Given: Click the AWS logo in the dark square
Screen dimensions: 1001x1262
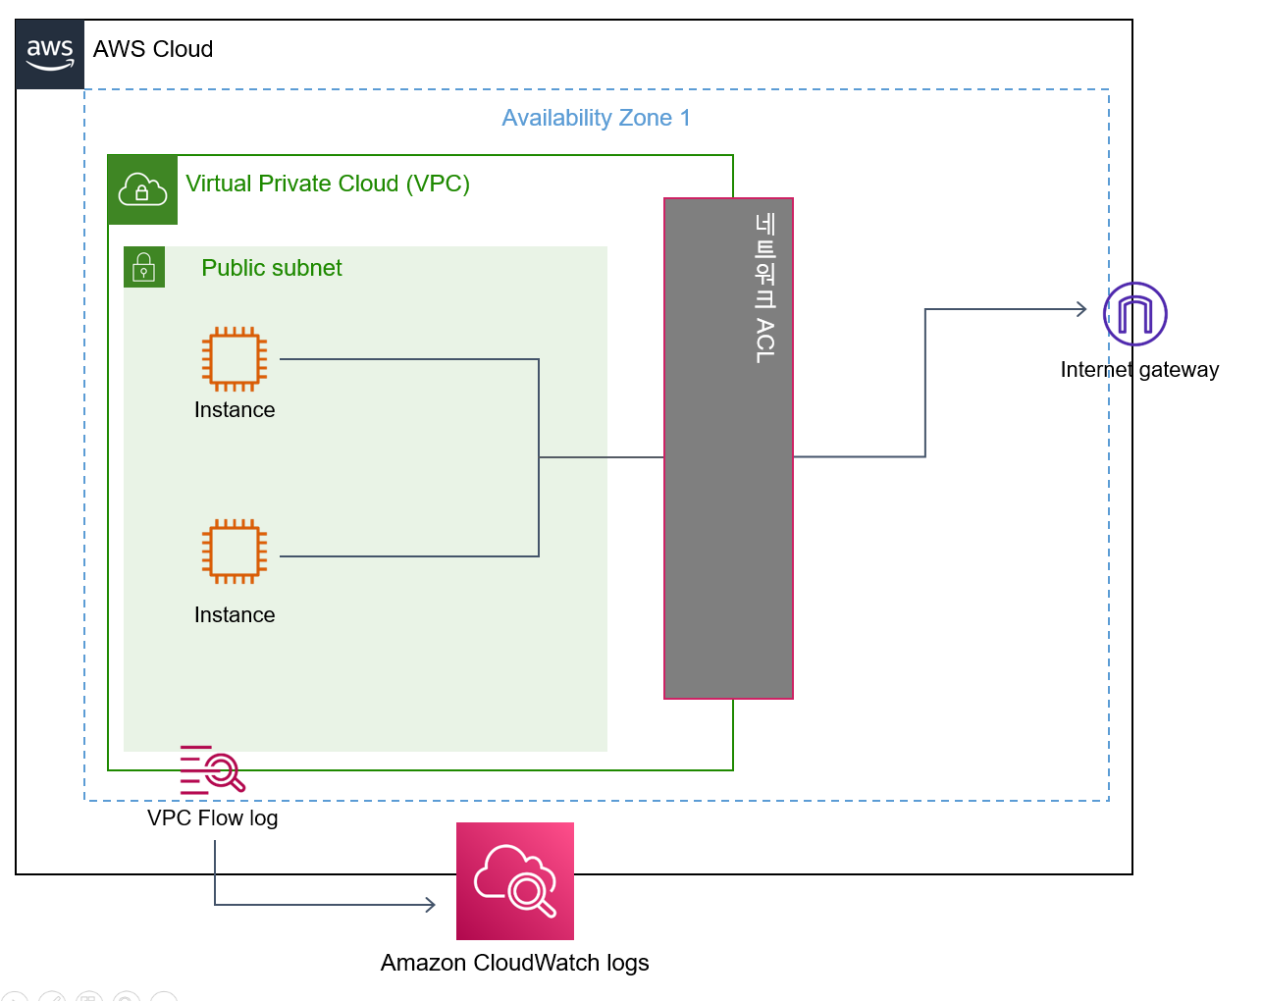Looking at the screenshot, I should [50, 54].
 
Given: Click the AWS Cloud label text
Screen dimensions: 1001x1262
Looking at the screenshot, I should [153, 49].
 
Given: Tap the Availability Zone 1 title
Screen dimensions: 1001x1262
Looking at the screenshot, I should [596, 118].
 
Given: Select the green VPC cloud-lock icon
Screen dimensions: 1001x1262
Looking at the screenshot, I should [142, 189].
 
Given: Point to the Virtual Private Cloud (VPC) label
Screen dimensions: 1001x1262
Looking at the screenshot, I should [328, 184].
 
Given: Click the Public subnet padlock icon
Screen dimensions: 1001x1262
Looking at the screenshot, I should [144, 267].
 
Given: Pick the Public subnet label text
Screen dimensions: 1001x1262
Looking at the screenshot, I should [271, 268].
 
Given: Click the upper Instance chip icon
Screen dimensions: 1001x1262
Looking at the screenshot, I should [235, 359].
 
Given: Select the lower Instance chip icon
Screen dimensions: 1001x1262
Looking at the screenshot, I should [235, 552].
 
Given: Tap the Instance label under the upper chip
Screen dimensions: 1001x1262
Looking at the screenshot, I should [235, 410].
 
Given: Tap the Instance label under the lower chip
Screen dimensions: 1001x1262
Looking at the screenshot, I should [235, 615].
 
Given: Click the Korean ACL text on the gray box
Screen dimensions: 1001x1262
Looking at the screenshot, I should [765, 289].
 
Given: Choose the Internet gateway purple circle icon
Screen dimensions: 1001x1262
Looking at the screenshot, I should [1135, 314].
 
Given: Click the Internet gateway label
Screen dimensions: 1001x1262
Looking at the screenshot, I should [1139, 370].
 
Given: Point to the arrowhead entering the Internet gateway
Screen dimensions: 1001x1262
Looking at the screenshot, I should [1082, 309].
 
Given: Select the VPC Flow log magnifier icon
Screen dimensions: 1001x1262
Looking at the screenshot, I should [213, 769].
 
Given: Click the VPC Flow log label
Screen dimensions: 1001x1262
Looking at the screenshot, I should [212, 818].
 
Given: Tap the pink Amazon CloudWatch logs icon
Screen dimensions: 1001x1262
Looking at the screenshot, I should [515, 881].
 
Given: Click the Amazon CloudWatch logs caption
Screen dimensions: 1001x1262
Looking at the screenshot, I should [514, 963].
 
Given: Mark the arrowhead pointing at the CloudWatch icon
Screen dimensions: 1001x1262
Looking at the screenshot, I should [431, 905].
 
